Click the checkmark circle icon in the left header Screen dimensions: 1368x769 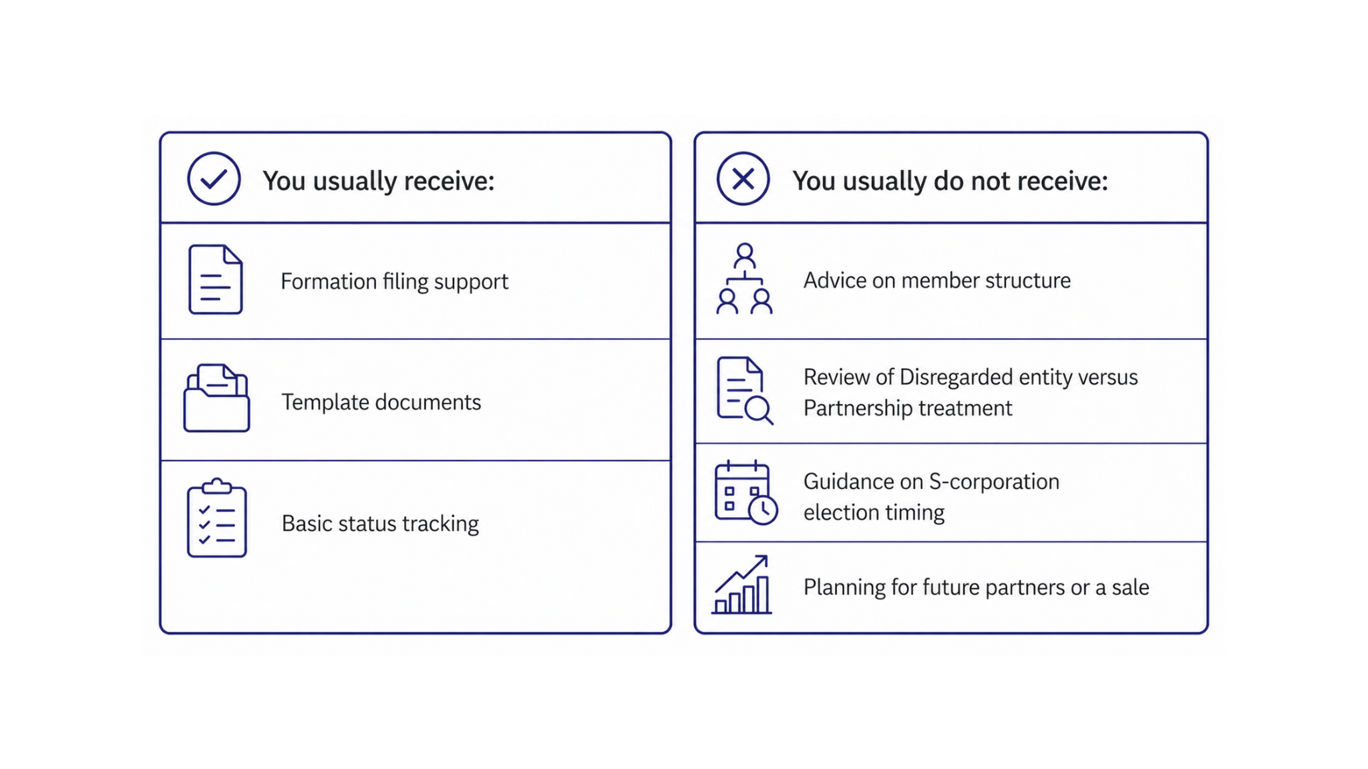(214, 178)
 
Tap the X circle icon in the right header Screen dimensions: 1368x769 (743, 178)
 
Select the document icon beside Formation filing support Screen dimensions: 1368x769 (215, 279)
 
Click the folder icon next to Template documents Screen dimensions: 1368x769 (216, 398)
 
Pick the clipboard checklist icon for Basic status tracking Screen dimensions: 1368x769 (216, 518)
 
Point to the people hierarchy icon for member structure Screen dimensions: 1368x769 (744, 279)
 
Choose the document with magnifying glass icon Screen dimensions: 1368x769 (745, 391)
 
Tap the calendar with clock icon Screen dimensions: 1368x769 (745, 493)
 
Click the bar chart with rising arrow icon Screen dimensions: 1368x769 (742, 585)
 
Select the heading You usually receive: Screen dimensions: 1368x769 (378, 181)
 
